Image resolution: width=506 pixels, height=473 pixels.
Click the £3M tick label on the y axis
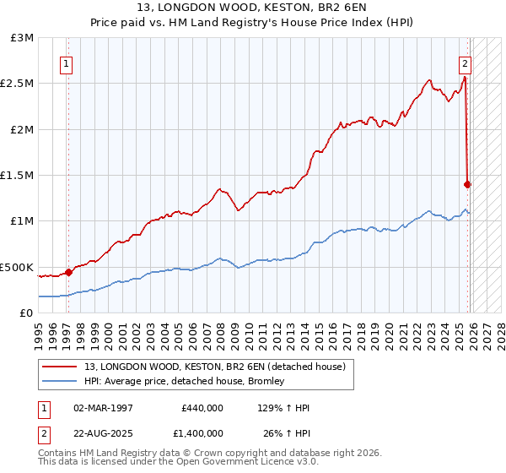click(x=23, y=38)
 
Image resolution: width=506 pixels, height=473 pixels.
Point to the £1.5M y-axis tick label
click(x=19, y=176)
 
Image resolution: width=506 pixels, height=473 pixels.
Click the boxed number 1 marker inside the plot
click(x=66, y=63)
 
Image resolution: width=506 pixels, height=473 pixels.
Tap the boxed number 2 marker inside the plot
click(x=465, y=63)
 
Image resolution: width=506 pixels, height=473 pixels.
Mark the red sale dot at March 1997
click(x=68, y=272)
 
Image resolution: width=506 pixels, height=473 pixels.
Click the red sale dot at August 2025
click(x=468, y=184)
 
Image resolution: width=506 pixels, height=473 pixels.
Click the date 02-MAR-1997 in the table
click(x=103, y=407)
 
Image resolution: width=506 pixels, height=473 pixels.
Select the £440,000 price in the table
click(x=202, y=407)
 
